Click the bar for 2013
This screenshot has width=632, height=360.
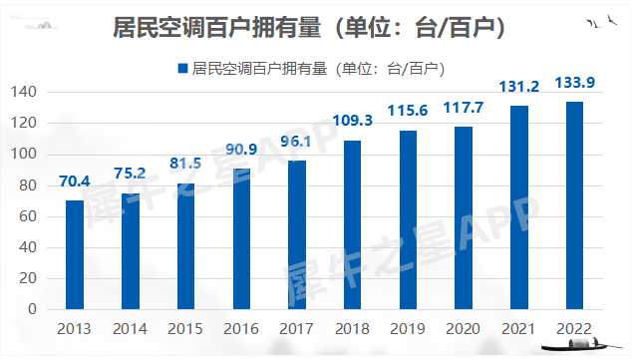coord(75,255)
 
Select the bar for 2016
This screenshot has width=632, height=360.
coord(241,239)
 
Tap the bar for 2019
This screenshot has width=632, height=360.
coord(409,220)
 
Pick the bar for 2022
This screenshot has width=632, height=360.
coord(574,205)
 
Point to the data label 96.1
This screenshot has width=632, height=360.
coord(297,141)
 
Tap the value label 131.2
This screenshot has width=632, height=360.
coord(518,87)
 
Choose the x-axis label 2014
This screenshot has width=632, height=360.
coord(130,327)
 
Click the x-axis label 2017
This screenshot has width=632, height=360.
coord(297,327)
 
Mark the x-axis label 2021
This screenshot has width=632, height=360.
coord(518,327)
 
